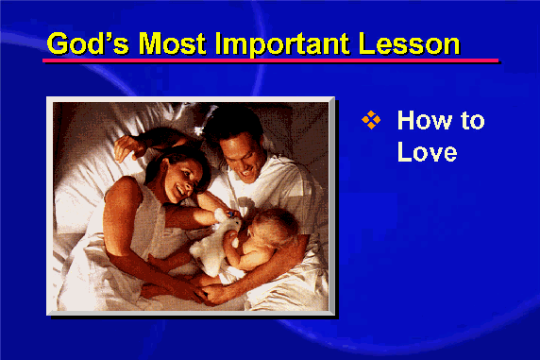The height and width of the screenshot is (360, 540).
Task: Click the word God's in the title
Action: click(x=88, y=43)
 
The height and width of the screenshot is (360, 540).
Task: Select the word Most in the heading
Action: click(x=172, y=43)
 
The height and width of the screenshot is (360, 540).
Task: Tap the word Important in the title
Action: click(x=281, y=44)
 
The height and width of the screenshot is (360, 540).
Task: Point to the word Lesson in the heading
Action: click(x=409, y=43)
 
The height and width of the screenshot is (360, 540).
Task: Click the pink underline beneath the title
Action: click(x=270, y=60)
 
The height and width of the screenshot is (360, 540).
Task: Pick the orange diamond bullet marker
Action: click(x=371, y=120)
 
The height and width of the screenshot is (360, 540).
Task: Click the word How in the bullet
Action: click(x=424, y=120)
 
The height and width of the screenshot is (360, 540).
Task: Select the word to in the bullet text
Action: click(x=473, y=121)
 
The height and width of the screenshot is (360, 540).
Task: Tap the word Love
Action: click(x=427, y=151)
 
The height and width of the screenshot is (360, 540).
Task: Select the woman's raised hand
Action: click(x=128, y=147)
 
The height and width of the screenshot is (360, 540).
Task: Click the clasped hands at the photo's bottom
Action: click(x=203, y=293)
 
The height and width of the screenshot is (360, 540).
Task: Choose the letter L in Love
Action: click(x=404, y=151)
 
